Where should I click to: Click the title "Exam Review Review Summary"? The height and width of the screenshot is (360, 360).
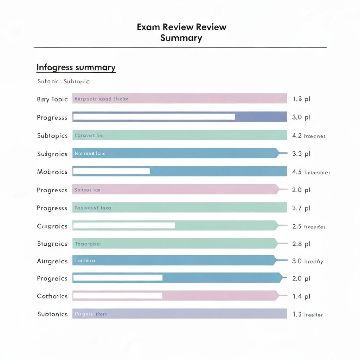point(181,32)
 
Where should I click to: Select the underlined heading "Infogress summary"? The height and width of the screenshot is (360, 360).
point(76,67)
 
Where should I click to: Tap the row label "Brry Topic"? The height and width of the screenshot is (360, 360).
point(52,99)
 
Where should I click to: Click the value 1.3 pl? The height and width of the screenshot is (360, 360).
point(301,99)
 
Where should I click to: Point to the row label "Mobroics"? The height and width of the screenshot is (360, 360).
point(52,172)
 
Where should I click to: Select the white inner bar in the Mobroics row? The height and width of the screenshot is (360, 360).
point(111,171)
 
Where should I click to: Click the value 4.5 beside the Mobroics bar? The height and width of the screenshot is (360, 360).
point(297,172)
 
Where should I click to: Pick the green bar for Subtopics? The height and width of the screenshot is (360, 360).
point(180,135)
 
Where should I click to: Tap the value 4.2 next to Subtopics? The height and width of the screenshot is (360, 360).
point(297,136)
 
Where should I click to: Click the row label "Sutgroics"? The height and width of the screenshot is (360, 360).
point(52,154)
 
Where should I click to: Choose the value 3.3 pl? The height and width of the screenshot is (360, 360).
point(301,154)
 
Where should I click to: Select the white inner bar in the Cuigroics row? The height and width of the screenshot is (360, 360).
point(124,225)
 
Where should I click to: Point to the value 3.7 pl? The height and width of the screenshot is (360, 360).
point(301,208)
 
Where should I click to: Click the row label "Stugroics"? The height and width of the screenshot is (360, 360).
point(52,244)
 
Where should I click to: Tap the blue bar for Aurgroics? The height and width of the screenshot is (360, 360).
point(174,261)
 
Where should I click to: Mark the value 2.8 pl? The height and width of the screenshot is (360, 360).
point(301,244)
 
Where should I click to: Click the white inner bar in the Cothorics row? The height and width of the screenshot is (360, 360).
point(118,296)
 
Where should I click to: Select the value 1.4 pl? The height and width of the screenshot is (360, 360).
point(301,296)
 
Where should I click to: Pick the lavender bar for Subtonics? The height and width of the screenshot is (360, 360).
point(180,314)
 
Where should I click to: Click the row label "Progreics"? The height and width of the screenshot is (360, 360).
point(52,278)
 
